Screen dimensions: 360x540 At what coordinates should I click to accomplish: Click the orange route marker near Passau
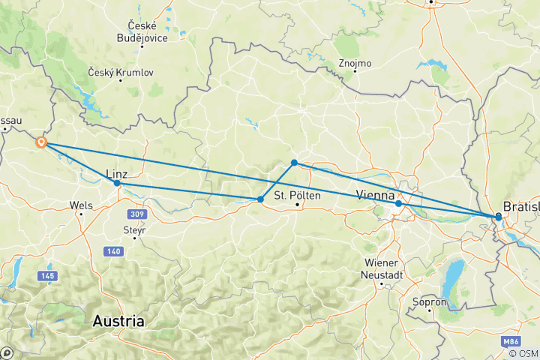[41, 142]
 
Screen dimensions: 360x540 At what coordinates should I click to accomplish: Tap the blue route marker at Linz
[117, 183]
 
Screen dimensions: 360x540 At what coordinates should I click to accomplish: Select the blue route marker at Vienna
[398, 203]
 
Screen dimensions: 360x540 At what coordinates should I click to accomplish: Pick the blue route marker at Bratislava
[498, 217]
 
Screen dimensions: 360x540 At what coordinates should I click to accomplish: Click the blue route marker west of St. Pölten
[260, 199]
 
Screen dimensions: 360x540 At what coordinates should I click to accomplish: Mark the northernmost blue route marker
[295, 163]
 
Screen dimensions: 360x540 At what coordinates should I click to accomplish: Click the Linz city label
[121, 172]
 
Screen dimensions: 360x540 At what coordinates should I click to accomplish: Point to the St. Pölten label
[292, 196]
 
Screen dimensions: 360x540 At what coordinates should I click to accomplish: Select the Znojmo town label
[355, 63]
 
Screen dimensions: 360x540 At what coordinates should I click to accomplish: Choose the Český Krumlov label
[120, 72]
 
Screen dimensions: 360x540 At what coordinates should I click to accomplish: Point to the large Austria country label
[118, 321]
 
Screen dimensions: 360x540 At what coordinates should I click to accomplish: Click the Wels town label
[80, 204]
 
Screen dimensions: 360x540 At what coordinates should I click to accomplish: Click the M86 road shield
[512, 341]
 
